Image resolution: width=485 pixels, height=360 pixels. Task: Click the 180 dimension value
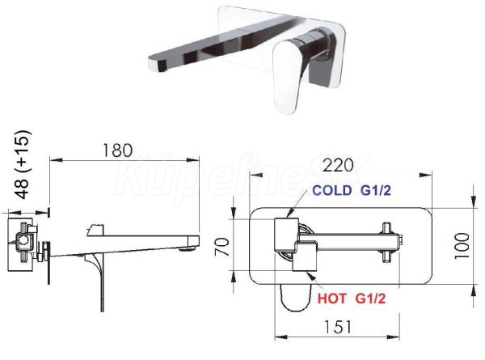point(117,150)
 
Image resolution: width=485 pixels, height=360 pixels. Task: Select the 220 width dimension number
point(338,165)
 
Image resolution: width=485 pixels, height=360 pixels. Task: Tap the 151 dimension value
point(337,327)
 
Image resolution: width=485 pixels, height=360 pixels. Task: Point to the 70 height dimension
point(222,247)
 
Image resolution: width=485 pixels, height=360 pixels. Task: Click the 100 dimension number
point(462,246)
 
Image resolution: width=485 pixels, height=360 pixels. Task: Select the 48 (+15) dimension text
point(23,165)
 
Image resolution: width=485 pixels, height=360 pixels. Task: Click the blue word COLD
point(332,190)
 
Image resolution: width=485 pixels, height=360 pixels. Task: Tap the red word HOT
point(332,299)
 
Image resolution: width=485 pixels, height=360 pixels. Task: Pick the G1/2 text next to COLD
point(376,190)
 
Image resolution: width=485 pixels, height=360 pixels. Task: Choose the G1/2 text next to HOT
point(370,299)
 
